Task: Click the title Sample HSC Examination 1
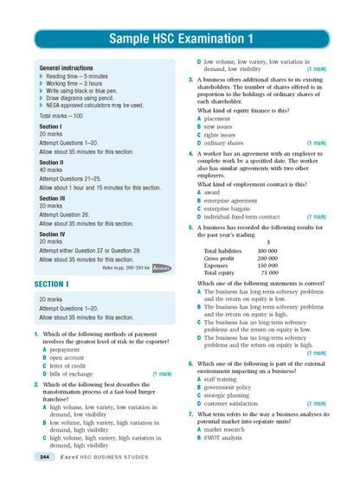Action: click(x=181, y=40)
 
